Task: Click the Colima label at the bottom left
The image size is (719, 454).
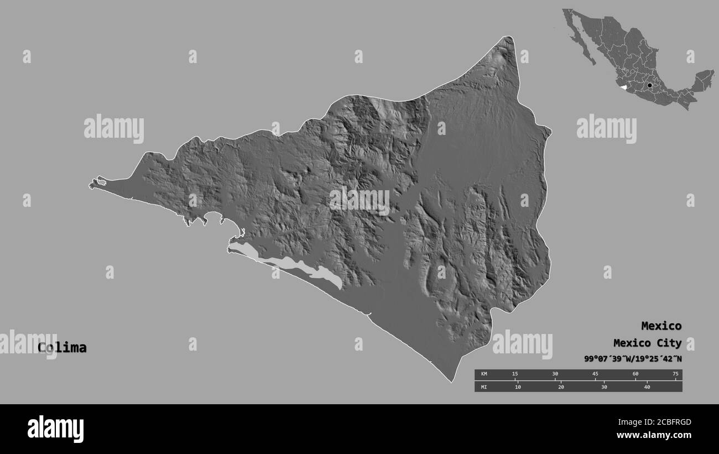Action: coord(62,348)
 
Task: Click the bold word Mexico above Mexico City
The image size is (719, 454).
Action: coord(661,326)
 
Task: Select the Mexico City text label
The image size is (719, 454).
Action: coord(647,343)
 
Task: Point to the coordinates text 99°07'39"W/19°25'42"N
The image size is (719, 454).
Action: coord(633,359)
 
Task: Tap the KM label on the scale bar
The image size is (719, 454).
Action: coord(484,374)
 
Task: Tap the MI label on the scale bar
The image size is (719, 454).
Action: coord(484,387)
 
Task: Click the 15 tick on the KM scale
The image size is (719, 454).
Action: coord(515,374)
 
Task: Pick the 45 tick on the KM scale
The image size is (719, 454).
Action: coord(595,374)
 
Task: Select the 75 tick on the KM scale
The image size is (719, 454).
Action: coord(675,374)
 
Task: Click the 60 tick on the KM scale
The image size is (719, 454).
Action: coord(635,374)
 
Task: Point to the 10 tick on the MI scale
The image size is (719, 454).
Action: coord(518,387)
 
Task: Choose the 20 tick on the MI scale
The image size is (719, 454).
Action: coord(561,387)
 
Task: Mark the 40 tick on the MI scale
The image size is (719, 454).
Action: coord(647,387)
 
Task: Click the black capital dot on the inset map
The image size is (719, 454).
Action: coord(649,86)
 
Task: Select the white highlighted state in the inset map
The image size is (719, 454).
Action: coord(623,87)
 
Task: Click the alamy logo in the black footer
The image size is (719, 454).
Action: coord(55,429)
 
